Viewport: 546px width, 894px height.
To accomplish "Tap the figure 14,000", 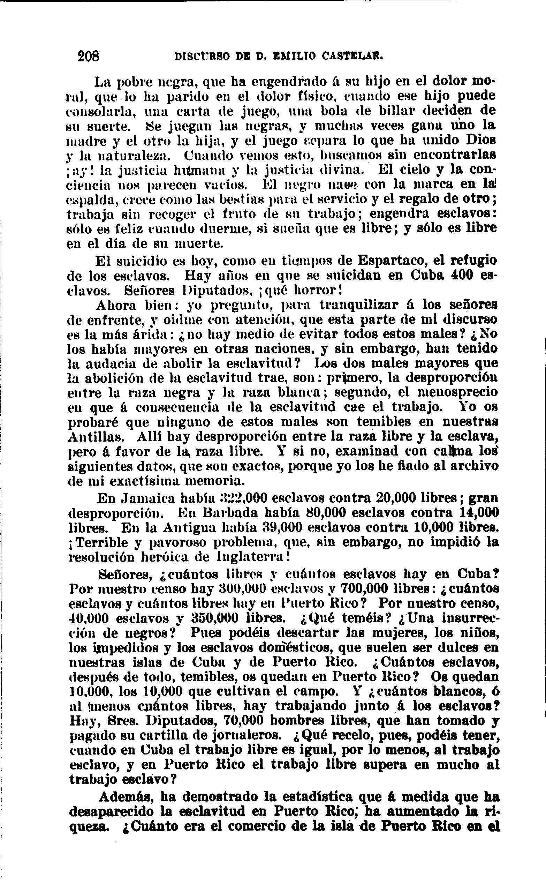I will coord(478,513).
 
